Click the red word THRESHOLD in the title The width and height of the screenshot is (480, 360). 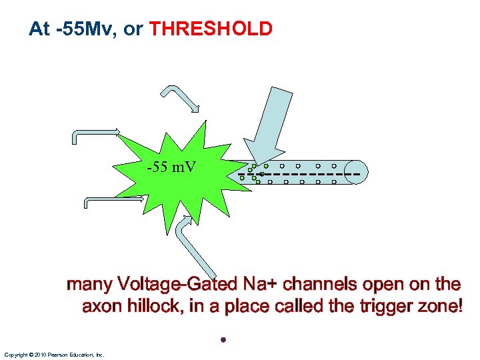[211, 29]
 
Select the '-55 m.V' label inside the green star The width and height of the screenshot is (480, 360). [171, 167]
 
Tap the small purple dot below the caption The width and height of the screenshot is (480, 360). [224, 340]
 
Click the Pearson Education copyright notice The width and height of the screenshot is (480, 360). [54, 355]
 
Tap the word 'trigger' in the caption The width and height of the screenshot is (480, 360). [378, 307]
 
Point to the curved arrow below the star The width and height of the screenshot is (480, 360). [193, 247]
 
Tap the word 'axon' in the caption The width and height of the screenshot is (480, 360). [99, 307]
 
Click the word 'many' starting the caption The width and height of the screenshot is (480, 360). [89, 285]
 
